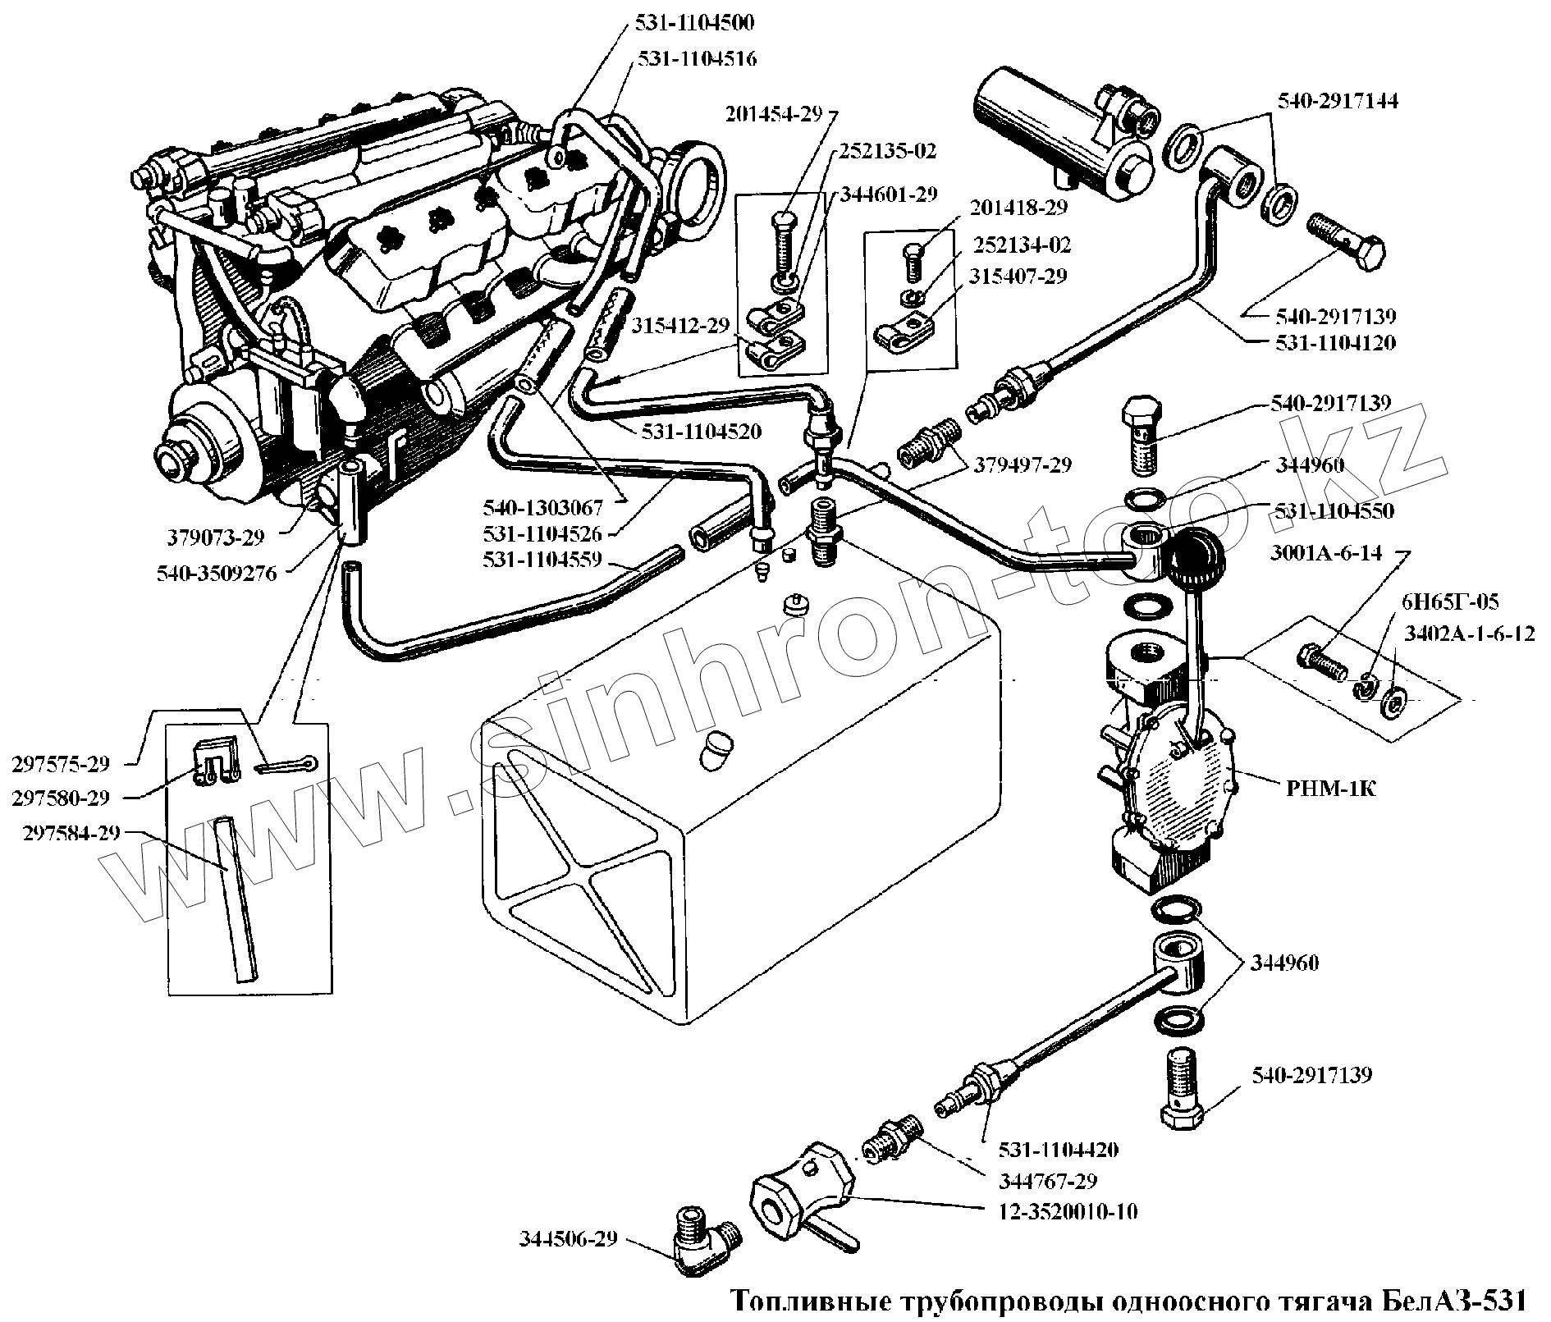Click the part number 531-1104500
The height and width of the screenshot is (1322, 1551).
pyautogui.click(x=693, y=23)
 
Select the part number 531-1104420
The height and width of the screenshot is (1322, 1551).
pyautogui.click(x=1058, y=1150)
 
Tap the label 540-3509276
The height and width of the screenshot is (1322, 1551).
pyautogui.click(x=217, y=573)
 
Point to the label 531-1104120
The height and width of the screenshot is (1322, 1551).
pyautogui.click(x=1335, y=342)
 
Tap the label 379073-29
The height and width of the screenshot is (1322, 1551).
pyautogui.click(x=217, y=538)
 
